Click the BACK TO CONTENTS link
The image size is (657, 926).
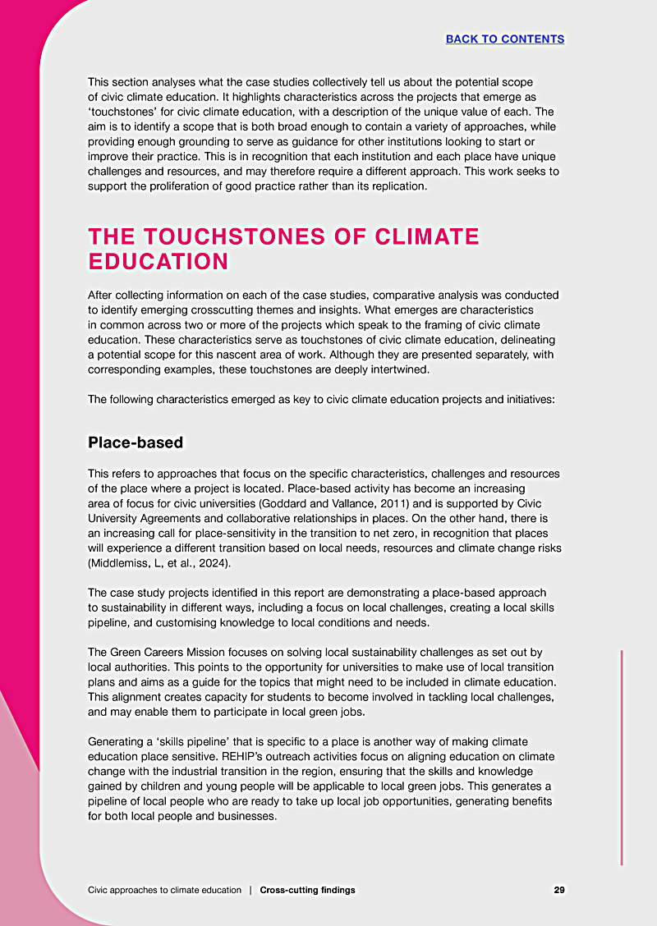[504, 39]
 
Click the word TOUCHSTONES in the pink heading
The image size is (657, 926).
[218, 237]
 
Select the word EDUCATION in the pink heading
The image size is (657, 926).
[158, 262]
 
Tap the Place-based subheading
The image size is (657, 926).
[136, 442]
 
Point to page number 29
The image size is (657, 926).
[558, 890]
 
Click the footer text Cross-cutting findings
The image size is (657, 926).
[307, 890]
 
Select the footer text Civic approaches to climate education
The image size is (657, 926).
[164, 890]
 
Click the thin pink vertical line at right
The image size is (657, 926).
[622, 755]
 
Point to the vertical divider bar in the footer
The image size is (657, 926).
[250, 890]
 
